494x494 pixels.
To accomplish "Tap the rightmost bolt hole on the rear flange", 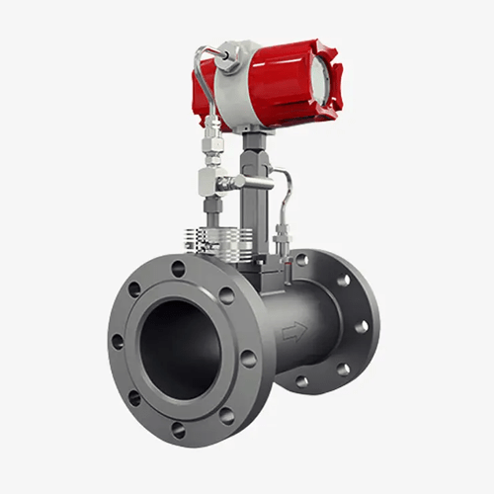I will [362, 326].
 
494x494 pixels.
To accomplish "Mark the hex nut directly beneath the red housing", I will [254, 148].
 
